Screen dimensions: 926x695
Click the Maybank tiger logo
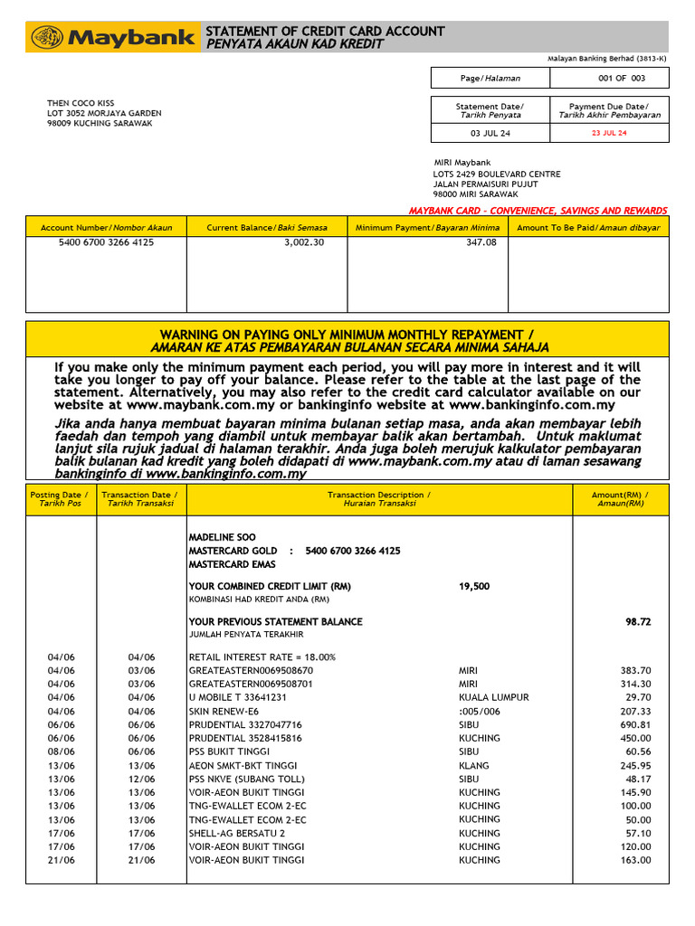[x=46, y=37]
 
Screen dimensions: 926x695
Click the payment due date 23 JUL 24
[x=608, y=133]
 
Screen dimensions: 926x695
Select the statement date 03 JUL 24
[x=490, y=133]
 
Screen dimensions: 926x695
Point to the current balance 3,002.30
[x=303, y=243]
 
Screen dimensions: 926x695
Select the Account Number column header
[x=106, y=228]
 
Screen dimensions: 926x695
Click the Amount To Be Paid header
[x=588, y=228]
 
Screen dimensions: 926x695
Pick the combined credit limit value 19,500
[x=474, y=586]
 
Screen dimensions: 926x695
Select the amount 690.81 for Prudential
[x=633, y=725]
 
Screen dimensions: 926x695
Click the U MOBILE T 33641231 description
[x=237, y=698]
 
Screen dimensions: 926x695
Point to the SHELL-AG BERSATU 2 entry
[x=236, y=834]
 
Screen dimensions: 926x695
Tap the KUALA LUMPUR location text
[x=493, y=698]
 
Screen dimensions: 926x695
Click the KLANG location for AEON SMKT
[x=473, y=766]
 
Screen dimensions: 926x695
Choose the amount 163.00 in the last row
[x=633, y=861]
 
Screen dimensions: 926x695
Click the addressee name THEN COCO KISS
[x=81, y=103]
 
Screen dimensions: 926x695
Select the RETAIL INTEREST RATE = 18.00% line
[x=262, y=657]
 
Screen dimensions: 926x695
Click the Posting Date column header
[x=61, y=499]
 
